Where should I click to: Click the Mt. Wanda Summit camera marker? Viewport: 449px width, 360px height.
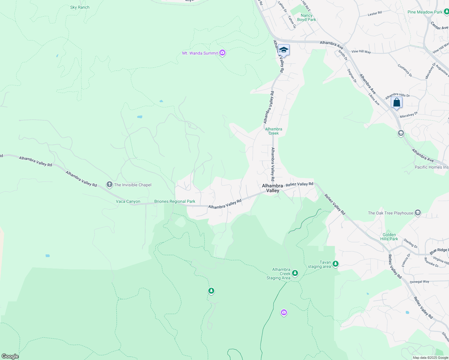[222, 53]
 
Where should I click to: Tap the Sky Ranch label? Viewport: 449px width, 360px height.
[80, 7]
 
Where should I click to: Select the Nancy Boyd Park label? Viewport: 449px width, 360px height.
[306, 17]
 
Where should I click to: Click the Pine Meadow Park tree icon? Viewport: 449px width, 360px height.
[446, 12]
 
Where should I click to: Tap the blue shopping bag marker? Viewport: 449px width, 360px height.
[396, 103]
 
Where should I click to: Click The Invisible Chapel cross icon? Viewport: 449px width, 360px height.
[110, 184]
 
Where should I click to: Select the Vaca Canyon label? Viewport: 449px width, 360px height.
[128, 201]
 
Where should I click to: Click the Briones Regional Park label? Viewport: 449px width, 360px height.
[175, 201]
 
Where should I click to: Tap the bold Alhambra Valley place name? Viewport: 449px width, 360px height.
[273, 188]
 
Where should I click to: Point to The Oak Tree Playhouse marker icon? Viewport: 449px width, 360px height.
[417, 213]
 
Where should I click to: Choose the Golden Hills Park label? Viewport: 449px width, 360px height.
[389, 237]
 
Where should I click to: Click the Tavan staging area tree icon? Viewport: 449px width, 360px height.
[336, 264]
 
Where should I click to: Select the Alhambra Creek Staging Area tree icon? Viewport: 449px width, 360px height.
[295, 273]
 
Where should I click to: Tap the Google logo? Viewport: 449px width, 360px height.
[10, 356]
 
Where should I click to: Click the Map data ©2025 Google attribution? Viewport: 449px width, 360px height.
[430, 358]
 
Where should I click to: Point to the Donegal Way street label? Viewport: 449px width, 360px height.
[420, 282]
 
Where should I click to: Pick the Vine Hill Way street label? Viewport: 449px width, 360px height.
[361, 52]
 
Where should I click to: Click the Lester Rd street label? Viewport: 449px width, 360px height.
[375, 13]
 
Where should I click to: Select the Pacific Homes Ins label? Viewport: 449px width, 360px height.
[432, 167]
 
